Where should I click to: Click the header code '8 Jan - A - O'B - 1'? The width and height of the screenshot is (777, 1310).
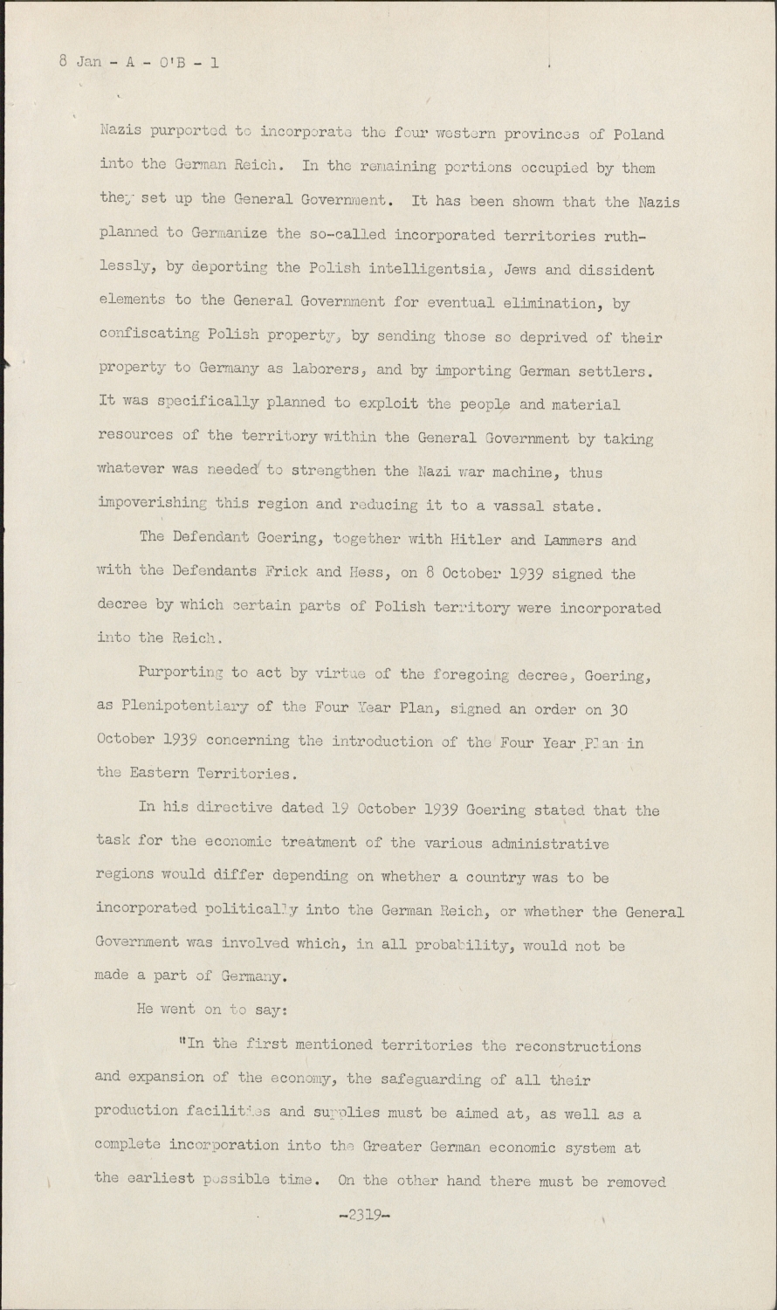tap(139, 62)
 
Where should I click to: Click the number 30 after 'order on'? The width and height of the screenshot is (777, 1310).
tap(617, 707)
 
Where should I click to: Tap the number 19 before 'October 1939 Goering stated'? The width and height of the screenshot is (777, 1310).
tap(343, 810)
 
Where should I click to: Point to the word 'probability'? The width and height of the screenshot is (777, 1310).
tap(469, 945)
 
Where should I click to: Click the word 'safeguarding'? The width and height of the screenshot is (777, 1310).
tap(433, 1079)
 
